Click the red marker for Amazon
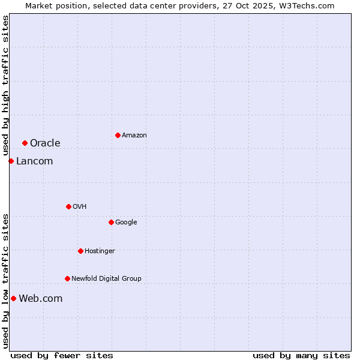(x=118, y=135)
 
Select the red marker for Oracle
(x=25, y=143)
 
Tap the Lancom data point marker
(x=11, y=161)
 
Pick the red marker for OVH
(x=68, y=206)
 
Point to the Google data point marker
(x=111, y=222)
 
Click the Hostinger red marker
(x=80, y=251)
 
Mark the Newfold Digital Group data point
(x=67, y=278)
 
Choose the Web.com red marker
(x=13, y=298)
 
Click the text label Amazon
(x=134, y=136)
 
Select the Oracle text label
(x=45, y=143)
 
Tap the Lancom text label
(x=34, y=161)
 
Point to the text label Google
(x=126, y=223)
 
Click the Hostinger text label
(x=100, y=251)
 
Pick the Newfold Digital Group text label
(x=106, y=278)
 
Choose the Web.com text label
(x=40, y=298)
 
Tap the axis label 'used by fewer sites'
(x=62, y=355)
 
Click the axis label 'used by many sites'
(x=301, y=355)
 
